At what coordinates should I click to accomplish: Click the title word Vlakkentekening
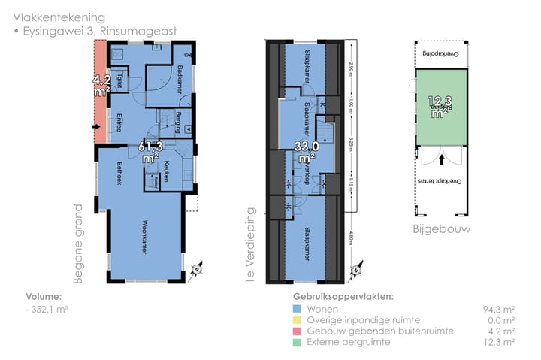pos(59,17)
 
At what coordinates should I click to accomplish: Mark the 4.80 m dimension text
pos(350,241)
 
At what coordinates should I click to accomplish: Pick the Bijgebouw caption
pos(441,228)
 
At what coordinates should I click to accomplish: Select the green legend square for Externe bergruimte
pos(297,341)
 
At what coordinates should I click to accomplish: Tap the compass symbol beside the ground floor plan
pos(197,266)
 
